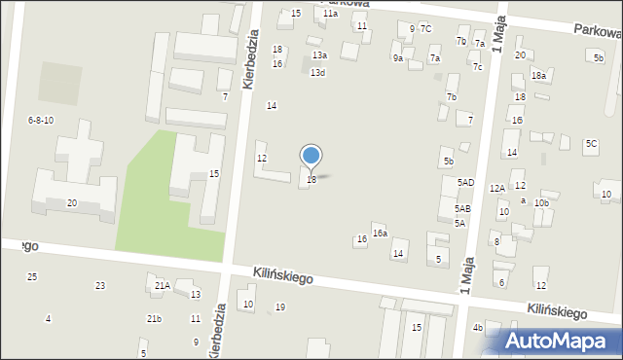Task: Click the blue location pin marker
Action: pos(311,157)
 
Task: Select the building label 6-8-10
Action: pos(40,121)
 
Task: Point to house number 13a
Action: pos(319,56)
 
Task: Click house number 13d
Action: pos(317,73)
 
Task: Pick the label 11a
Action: pos(330,14)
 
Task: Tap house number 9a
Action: pos(397,58)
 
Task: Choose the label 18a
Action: pos(538,76)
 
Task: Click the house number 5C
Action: pos(591,144)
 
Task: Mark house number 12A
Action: pos(496,189)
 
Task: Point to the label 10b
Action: pos(541,203)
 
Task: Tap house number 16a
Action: pos(380,234)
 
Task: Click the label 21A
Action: pos(162,286)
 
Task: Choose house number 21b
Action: pos(154,319)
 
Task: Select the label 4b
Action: pos(477,328)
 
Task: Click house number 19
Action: pos(280,307)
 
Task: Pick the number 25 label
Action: pos(32,277)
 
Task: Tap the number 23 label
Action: pos(99,286)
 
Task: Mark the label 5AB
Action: pos(462,209)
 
